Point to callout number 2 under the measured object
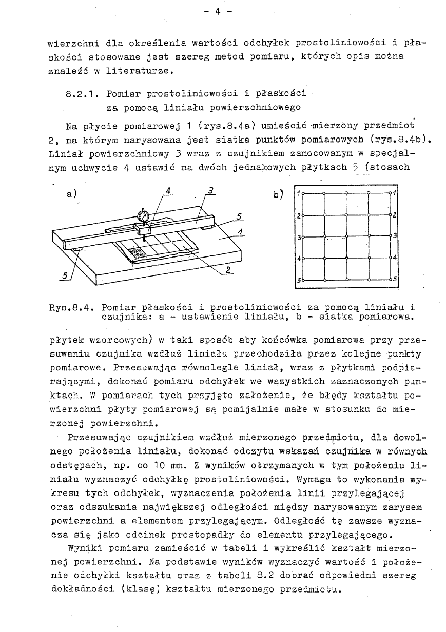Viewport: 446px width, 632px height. pos(228,270)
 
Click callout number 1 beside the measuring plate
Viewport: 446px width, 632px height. pos(240,233)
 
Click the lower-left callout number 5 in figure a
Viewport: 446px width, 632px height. pos(65,275)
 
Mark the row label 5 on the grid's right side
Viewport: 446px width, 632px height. pos(394,281)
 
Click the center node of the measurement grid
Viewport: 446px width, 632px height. pos(346,237)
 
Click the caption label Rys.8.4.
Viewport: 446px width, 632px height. pos(70,308)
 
